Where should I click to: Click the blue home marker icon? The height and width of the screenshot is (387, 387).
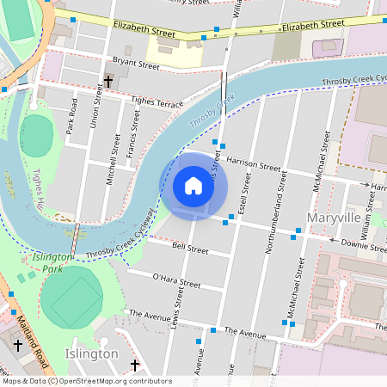[193, 186]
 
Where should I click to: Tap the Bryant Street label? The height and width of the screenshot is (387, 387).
[136, 64]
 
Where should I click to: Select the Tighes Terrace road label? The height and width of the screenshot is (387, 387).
[157, 103]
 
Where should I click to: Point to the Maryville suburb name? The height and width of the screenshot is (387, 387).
[333, 218]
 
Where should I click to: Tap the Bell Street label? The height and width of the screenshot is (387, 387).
[190, 249]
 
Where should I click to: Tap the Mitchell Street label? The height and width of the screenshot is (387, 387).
[110, 163]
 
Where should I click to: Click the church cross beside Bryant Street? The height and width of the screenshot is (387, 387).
[108, 83]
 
